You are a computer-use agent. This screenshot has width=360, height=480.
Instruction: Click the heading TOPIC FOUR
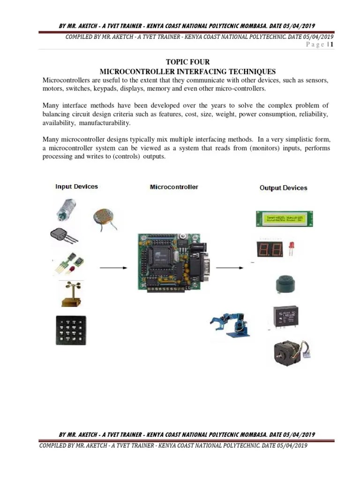point(187,62)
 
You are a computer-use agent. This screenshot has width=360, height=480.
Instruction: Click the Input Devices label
point(76,187)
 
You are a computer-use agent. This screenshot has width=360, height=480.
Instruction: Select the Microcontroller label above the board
point(174,187)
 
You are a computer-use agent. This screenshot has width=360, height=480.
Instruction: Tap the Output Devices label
point(283,188)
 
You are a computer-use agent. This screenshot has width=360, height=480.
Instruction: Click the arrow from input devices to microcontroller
point(114,268)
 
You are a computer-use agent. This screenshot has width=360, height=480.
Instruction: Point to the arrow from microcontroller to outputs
point(230,268)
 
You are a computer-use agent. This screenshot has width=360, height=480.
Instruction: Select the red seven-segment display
point(269,249)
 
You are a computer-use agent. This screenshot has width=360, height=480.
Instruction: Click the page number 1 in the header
point(331,45)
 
